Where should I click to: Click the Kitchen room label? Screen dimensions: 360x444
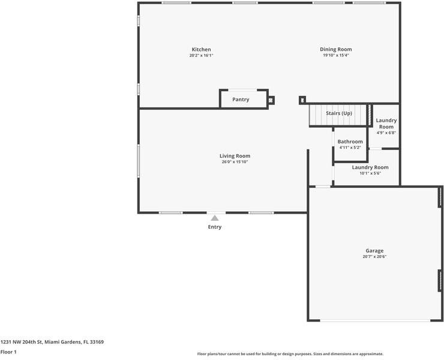(201, 49)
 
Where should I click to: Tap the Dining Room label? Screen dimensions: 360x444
(335, 49)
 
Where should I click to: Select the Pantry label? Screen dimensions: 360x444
(241, 100)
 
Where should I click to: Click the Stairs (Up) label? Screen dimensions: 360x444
(338, 113)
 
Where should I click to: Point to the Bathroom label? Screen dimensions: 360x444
(350, 142)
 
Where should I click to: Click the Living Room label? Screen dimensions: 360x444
(235, 156)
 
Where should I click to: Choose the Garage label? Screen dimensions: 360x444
(374, 251)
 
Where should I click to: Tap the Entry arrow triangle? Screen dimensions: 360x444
(215, 218)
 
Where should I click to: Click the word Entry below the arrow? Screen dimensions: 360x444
(215, 227)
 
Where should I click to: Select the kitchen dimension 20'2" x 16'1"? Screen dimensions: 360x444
(201, 55)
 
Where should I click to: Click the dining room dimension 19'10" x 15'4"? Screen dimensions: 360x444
(335, 55)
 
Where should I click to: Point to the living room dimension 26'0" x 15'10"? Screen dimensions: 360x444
(235, 162)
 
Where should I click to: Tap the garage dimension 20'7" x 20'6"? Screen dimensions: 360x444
(374, 257)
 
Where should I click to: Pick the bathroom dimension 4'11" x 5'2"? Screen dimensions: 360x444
(350, 148)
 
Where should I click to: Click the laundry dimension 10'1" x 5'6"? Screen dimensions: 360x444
(370, 173)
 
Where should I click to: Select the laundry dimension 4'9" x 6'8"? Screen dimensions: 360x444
(386, 133)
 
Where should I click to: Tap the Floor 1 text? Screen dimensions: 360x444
(8, 352)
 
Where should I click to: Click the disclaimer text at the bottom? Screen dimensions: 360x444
(290, 354)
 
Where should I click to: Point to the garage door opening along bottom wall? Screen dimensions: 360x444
(375, 320)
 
